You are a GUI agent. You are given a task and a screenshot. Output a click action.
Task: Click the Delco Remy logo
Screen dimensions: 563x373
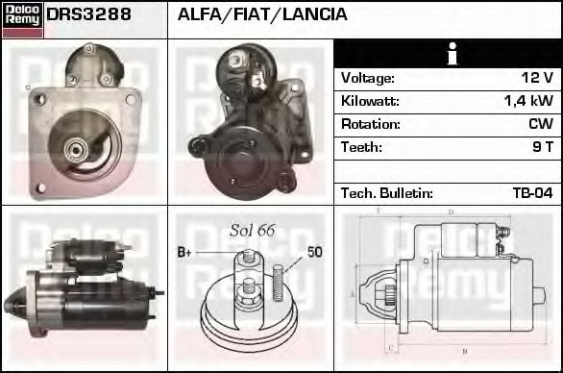(x=22, y=19)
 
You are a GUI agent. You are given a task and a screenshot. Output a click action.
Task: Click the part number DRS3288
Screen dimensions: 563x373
(x=88, y=14)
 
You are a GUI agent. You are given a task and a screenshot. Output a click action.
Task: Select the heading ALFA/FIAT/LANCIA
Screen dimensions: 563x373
(x=262, y=14)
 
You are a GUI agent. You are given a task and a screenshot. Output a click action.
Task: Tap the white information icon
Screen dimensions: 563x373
(x=453, y=54)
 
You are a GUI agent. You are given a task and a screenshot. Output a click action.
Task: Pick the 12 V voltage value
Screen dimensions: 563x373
(x=537, y=78)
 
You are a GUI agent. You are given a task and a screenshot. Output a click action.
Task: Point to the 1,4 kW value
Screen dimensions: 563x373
(x=528, y=101)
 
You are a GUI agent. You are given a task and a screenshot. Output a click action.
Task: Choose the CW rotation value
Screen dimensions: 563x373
(x=541, y=124)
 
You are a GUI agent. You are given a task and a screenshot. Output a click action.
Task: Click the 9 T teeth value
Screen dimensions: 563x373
(x=543, y=147)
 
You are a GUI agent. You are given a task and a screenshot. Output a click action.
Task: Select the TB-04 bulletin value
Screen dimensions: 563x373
(x=533, y=193)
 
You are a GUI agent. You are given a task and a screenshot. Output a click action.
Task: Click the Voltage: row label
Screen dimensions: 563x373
(x=368, y=78)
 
